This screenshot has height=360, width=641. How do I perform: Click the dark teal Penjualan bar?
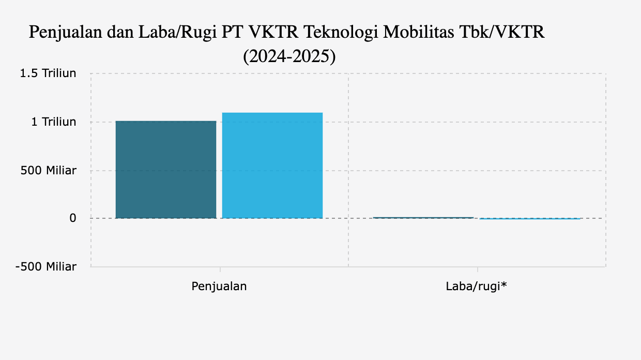[x=166, y=170]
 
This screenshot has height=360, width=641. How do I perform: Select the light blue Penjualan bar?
[x=272, y=166]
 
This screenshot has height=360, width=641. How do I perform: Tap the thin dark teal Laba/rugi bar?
[x=423, y=218]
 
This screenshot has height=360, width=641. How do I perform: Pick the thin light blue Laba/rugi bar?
[x=530, y=219]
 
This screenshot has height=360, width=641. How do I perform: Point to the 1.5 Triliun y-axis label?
[x=48, y=73]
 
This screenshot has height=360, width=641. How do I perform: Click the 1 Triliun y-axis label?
[x=54, y=122]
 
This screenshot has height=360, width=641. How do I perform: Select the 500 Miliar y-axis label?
[x=49, y=171]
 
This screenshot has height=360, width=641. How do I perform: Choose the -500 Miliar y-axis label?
[x=46, y=267]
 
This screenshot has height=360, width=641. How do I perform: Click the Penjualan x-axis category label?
[x=219, y=286]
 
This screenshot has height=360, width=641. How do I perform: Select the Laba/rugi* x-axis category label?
[x=476, y=286]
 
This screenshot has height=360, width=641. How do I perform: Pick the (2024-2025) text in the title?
[x=289, y=56]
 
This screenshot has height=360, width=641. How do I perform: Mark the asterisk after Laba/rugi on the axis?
[x=503, y=284]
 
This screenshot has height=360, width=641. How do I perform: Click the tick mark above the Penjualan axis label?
[x=220, y=269]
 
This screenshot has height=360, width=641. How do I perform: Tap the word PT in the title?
[x=232, y=33]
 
